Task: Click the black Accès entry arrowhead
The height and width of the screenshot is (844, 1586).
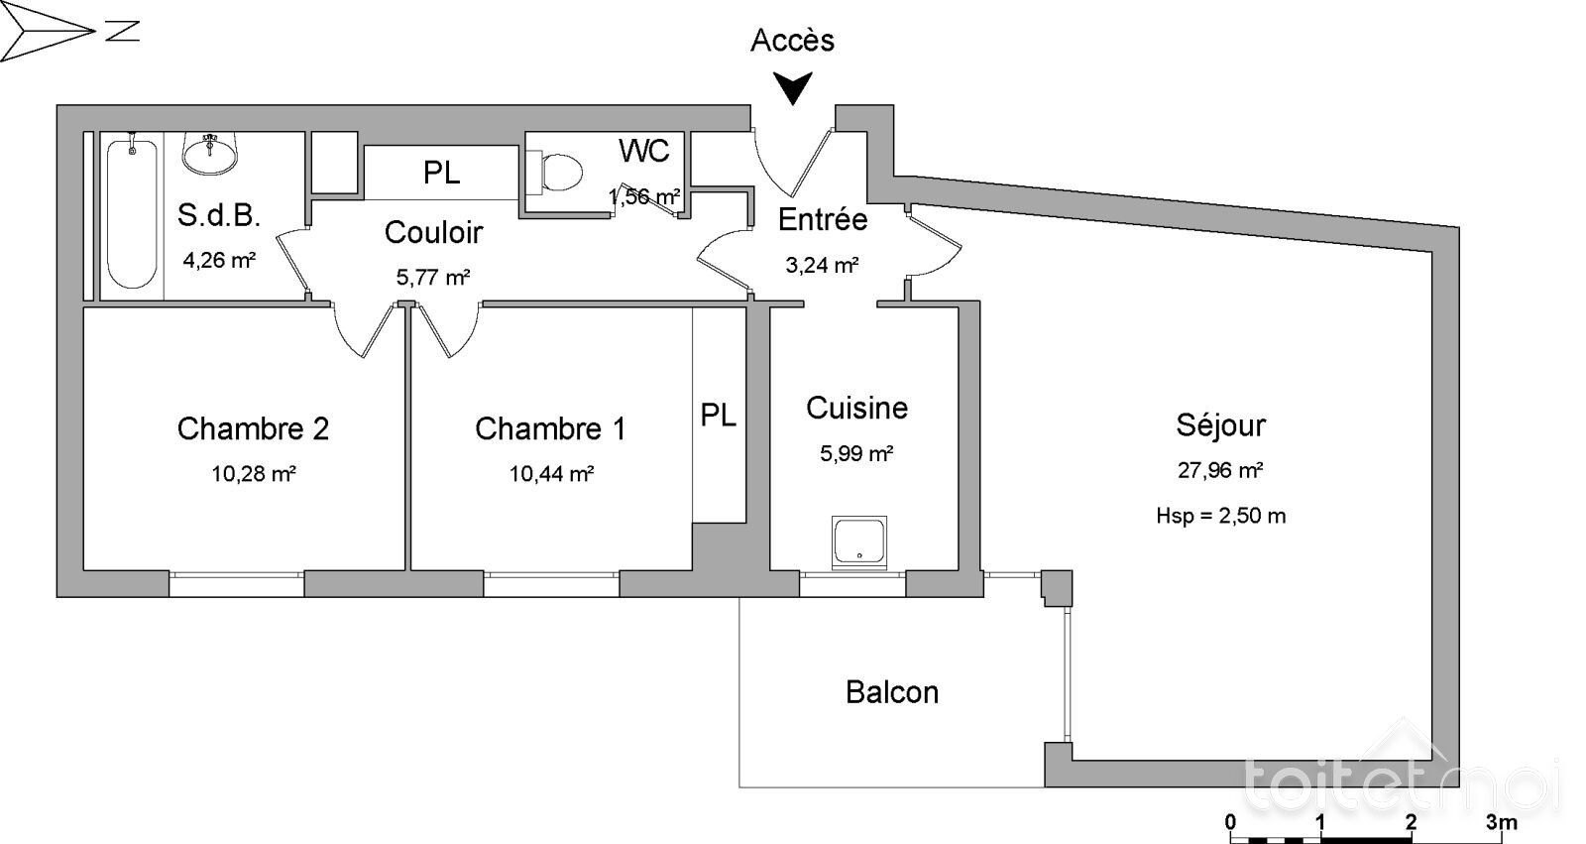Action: pos(792,87)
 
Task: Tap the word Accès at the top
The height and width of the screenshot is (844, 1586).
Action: pos(792,41)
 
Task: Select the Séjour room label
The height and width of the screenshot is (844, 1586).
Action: pos(1220,425)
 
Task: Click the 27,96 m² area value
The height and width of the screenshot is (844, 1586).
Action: pos(1220,470)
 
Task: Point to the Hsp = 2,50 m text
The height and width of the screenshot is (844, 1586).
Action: pos(1220,515)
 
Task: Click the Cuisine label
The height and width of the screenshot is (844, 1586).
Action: pos(856,409)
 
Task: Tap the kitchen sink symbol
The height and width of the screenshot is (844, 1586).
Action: pos(858,543)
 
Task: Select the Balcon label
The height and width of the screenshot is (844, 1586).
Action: pos(892,692)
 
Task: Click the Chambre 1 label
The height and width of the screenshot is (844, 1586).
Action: pos(550,428)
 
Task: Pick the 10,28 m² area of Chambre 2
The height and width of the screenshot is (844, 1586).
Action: pos(254,473)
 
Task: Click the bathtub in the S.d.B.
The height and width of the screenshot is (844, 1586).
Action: pos(132,212)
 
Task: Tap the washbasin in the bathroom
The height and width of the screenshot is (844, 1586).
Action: pos(209,153)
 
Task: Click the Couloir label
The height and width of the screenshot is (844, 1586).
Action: pos(433,232)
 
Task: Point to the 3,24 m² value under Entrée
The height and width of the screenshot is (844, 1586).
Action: pos(822,265)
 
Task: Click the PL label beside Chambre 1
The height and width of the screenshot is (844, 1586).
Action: pos(718,416)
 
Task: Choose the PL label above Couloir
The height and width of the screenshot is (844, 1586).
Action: pos(442,173)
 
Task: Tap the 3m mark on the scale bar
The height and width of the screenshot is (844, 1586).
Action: pos(1501,822)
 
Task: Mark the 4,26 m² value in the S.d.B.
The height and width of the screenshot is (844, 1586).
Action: pos(219,260)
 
